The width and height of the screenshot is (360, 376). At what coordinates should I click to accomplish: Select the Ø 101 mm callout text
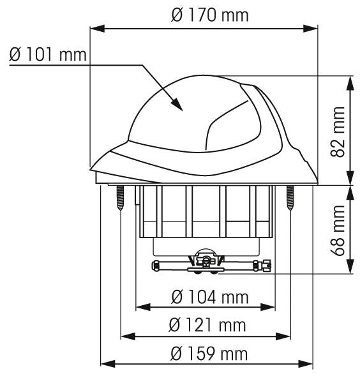pos(48,54)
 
